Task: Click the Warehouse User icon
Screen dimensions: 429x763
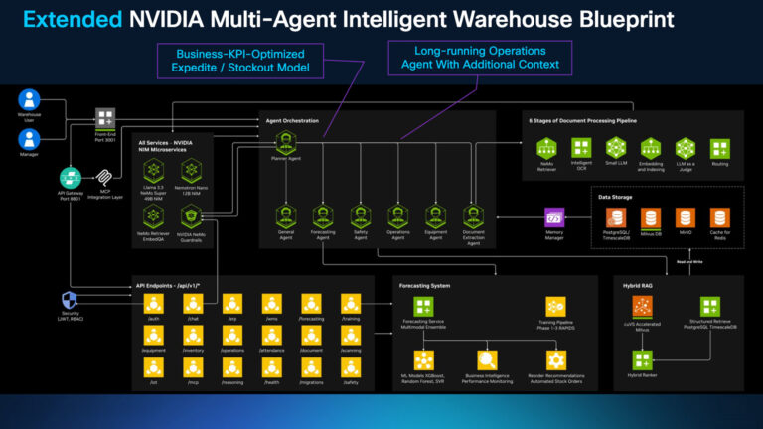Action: [x=29, y=100]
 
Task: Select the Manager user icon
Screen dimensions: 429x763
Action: [x=29, y=138]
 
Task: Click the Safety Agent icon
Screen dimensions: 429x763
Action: [x=360, y=215]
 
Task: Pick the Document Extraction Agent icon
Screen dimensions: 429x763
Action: [x=473, y=215]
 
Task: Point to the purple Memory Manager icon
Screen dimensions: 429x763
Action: [x=554, y=217]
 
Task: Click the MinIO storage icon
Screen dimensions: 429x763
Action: [x=686, y=217]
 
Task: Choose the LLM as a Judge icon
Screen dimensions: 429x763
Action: [x=685, y=148]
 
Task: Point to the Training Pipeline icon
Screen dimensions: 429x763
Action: [x=555, y=307]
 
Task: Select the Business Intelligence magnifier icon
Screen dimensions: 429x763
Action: [x=487, y=359]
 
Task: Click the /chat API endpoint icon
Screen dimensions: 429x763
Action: [x=192, y=303]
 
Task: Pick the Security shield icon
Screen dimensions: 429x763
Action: [x=70, y=300]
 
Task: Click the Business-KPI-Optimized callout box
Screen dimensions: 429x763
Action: [x=240, y=60]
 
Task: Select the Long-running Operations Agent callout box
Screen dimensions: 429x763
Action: [x=481, y=56]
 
